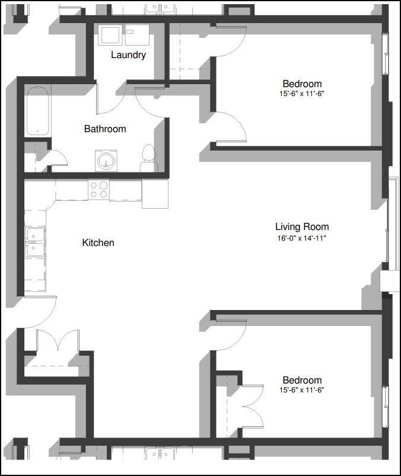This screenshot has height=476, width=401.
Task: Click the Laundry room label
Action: click(128, 55)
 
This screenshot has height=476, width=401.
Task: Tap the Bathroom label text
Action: click(105, 129)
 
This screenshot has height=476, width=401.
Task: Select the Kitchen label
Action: click(98, 242)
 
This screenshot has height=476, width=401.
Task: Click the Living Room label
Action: click(301, 226)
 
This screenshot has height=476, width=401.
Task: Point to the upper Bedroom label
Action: click(302, 84)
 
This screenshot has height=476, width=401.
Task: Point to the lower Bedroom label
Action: click(302, 380)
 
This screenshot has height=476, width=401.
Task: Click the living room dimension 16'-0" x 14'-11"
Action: click(301, 238)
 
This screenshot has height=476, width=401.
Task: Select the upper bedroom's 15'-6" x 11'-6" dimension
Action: click(302, 94)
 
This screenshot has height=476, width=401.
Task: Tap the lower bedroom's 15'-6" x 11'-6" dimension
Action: click(302, 390)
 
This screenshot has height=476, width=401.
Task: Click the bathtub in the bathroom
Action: click(37, 111)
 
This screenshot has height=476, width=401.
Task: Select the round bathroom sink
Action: click(106, 161)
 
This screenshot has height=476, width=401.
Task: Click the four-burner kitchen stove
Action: click(98, 190)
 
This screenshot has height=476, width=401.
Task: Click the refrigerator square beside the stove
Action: click(155, 193)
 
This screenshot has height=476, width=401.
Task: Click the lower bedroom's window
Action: click(386, 406)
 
